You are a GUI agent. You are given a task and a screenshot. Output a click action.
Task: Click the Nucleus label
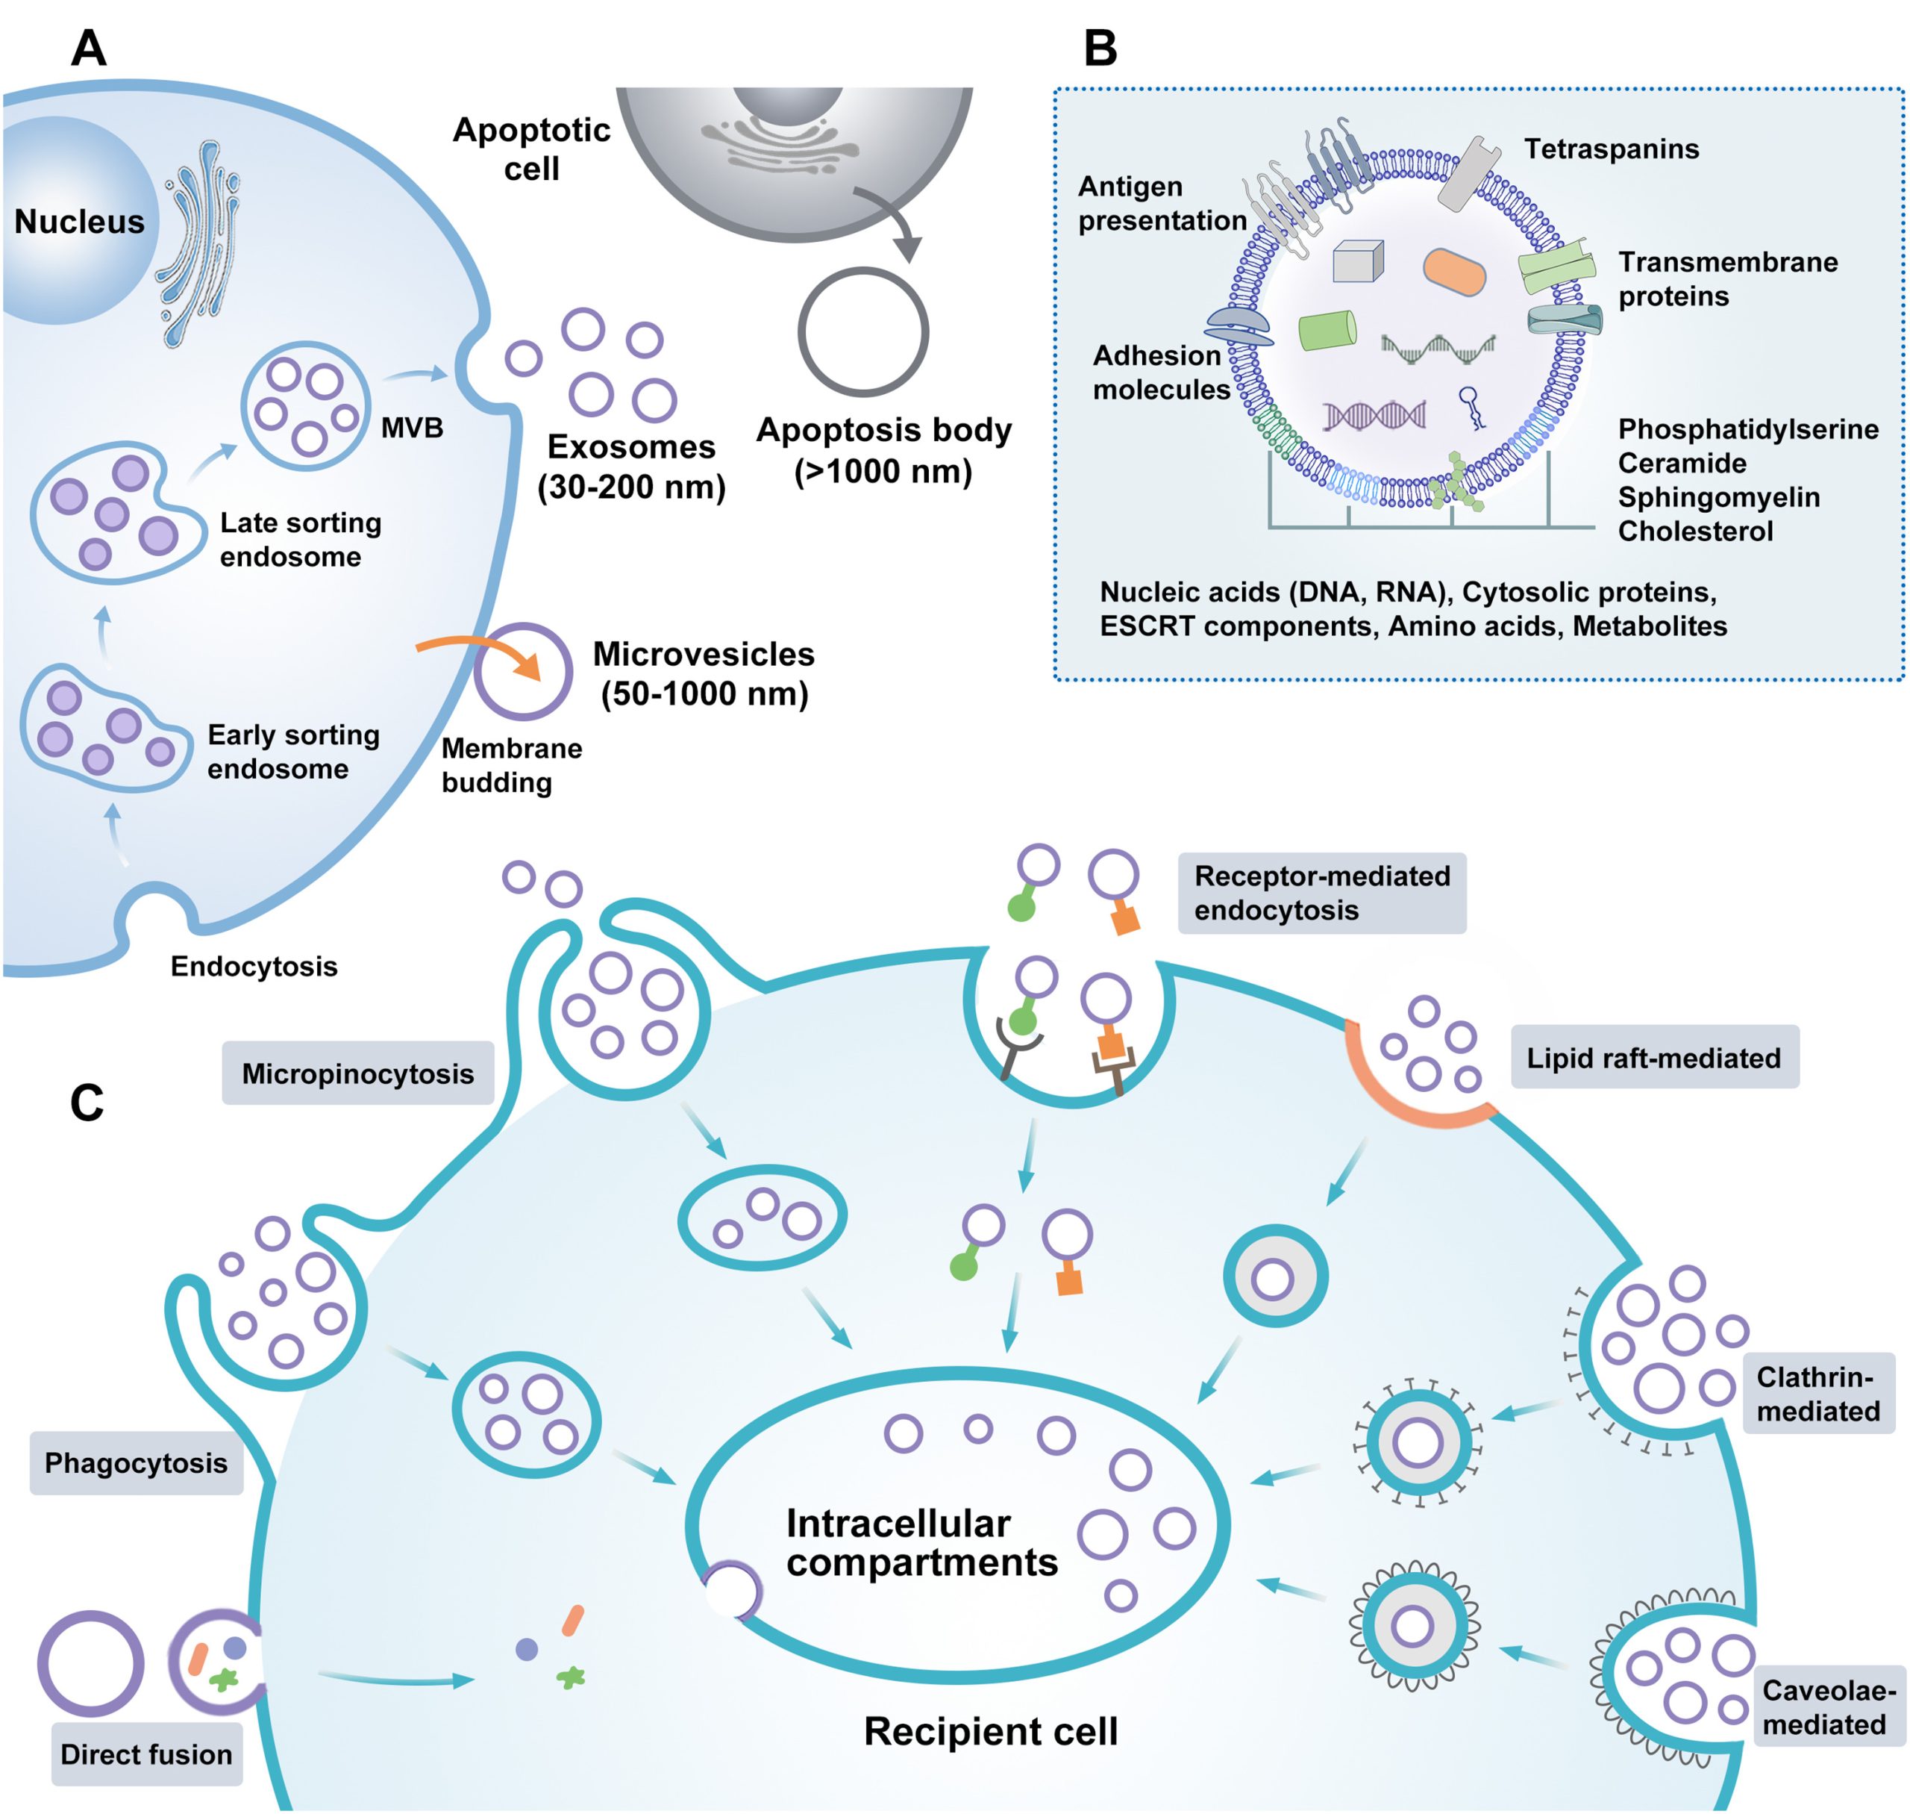tap(79, 222)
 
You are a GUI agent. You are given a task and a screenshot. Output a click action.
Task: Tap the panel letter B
tap(1099, 49)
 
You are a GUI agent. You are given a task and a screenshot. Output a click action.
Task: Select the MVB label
tap(412, 428)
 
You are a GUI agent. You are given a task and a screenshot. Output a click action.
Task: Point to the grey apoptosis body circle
tap(862, 331)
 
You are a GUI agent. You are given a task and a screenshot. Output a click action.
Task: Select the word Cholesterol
tap(1694, 531)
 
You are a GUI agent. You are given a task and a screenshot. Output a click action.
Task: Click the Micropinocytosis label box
tap(357, 1073)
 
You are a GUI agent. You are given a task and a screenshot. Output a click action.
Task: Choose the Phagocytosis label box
tap(137, 1463)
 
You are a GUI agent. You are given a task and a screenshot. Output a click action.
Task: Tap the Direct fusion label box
tap(147, 1754)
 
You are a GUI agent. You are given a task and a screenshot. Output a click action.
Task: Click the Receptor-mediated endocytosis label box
tap(1321, 893)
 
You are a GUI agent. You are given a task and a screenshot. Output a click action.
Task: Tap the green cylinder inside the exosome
tap(1327, 330)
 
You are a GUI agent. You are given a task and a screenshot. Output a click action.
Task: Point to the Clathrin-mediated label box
tap(1817, 1394)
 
